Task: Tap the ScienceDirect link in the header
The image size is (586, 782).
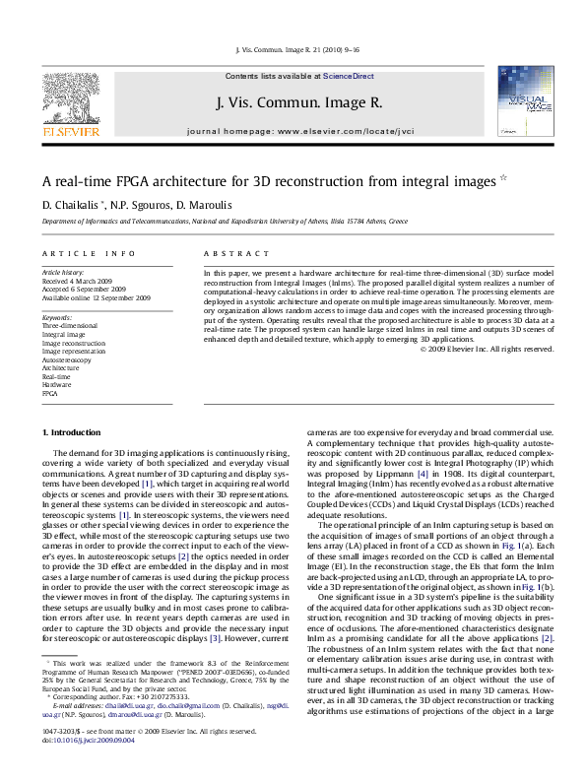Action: pyautogui.click(x=349, y=76)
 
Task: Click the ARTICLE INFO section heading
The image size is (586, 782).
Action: pyautogui.click(x=87, y=254)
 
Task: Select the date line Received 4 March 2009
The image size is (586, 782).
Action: pyautogui.click(x=79, y=280)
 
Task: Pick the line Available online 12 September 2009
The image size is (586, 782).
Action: pyautogui.click(x=96, y=297)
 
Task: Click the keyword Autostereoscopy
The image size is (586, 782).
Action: pyautogui.click(x=66, y=359)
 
